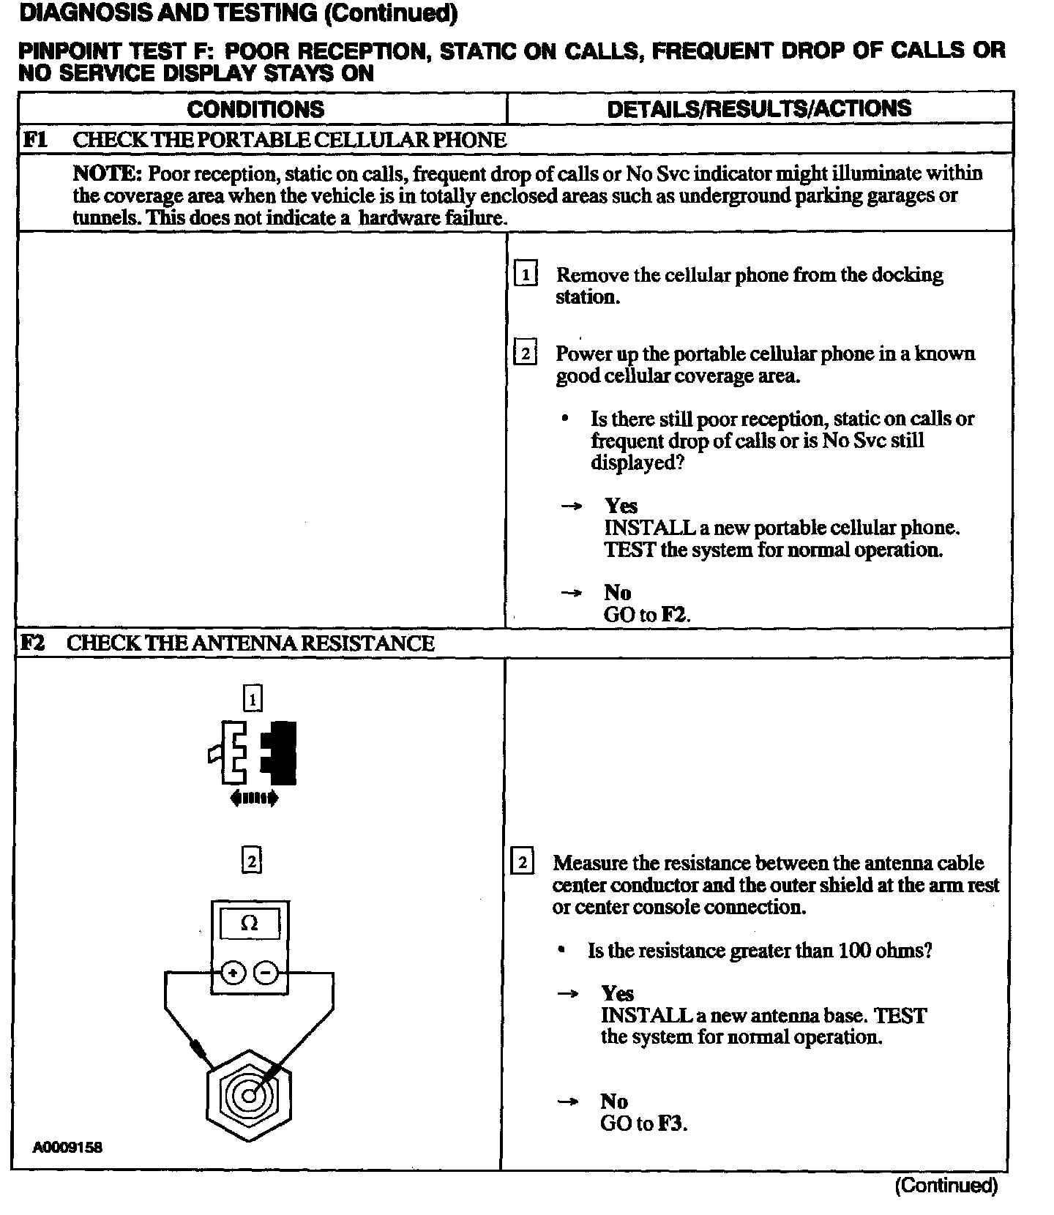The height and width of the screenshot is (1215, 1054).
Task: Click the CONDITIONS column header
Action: [255, 110]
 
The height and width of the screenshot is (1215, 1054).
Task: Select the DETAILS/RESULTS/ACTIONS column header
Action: [759, 109]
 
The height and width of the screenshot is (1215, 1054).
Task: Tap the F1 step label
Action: [36, 140]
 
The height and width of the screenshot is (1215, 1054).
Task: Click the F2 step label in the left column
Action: [32, 643]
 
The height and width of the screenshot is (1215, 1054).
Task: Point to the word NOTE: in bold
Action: [107, 174]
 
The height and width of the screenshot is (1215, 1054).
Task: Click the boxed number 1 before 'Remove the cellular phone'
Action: [526, 276]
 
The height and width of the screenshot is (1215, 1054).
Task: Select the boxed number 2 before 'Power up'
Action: [526, 354]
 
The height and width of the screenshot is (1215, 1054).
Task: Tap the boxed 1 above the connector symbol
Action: [253, 700]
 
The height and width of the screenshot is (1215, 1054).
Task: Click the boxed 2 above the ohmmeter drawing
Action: [251, 861]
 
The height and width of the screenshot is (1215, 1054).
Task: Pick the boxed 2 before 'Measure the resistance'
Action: [522, 862]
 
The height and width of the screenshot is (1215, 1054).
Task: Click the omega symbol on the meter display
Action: [250, 924]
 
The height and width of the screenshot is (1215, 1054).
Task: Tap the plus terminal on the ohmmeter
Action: [233, 973]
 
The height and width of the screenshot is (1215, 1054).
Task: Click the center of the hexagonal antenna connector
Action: [249, 1096]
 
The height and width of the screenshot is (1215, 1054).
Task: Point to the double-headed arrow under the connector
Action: [253, 798]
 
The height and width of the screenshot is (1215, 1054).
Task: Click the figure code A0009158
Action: [67, 1147]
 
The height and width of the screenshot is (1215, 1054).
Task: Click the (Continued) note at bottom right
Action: [946, 1186]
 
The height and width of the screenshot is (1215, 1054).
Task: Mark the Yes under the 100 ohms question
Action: [618, 993]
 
